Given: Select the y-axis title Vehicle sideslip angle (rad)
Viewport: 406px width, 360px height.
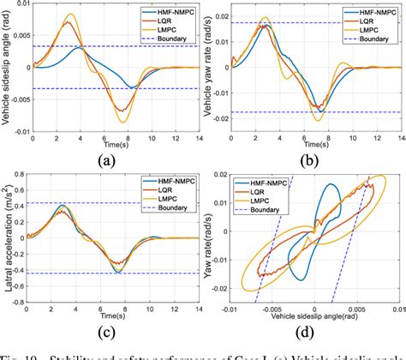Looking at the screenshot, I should pos(8,68).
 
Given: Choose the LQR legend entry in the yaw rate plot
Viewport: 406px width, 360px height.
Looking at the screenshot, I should pos(359,22).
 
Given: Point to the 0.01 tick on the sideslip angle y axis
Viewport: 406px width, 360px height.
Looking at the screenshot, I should pos(21,8).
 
